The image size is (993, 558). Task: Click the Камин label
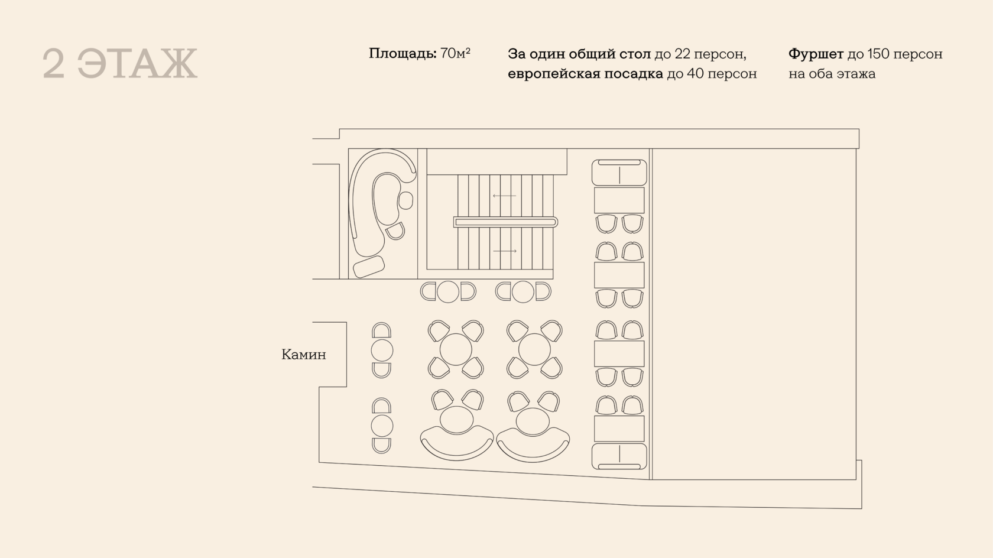(303, 355)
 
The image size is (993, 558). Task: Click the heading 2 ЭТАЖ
(120, 64)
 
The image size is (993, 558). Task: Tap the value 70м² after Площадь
(455, 54)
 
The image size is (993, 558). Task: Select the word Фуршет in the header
(815, 54)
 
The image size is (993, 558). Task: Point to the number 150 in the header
(878, 54)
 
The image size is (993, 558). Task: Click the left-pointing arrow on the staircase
(504, 196)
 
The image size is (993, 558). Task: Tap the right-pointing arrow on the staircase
(504, 251)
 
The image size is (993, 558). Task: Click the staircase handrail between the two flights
(505, 222)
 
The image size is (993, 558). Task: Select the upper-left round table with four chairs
(456, 349)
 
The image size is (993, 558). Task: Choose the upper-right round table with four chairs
(534, 349)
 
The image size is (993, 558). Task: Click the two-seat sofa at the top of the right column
(619, 173)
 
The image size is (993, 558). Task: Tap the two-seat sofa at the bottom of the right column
(619, 456)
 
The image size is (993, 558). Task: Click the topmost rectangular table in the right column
(619, 200)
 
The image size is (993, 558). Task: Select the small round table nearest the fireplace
(382, 351)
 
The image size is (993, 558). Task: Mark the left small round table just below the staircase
(448, 291)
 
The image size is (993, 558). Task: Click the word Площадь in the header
(403, 54)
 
